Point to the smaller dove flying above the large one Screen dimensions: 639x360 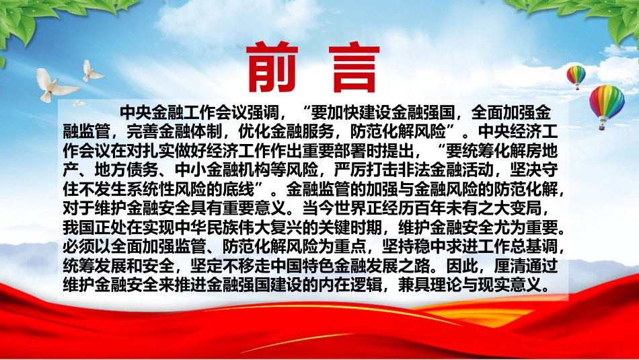pos(91,71)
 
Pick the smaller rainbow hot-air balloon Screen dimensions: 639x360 pos(576,77)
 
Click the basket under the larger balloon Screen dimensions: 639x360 pos(601,127)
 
